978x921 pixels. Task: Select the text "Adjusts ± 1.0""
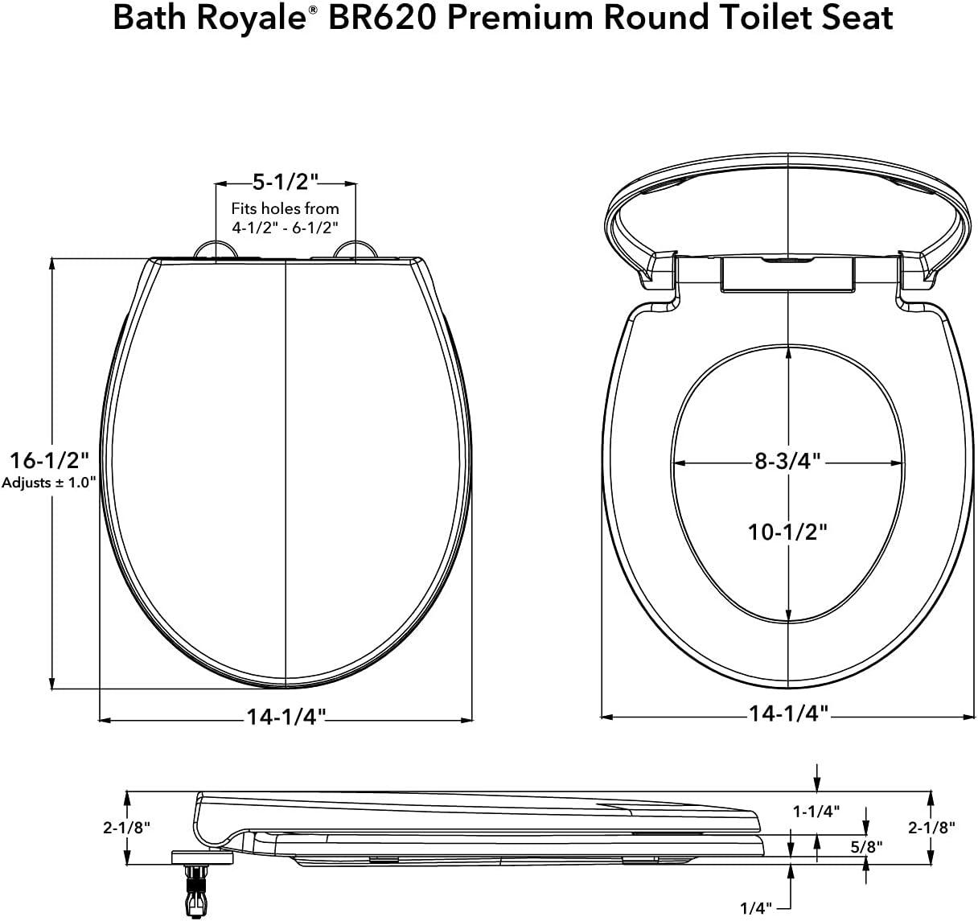point(49,483)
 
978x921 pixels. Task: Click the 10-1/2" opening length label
point(787,532)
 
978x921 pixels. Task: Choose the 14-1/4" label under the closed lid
point(286,717)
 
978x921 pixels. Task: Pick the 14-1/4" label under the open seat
point(788,713)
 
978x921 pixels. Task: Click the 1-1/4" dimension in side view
point(816,811)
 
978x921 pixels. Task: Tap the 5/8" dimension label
point(866,845)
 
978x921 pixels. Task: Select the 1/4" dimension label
point(756,907)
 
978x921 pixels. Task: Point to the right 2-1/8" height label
point(931,827)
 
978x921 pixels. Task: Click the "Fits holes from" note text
point(286,208)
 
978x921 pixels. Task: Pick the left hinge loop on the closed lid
point(216,249)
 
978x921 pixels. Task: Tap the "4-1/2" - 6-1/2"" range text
point(286,228)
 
